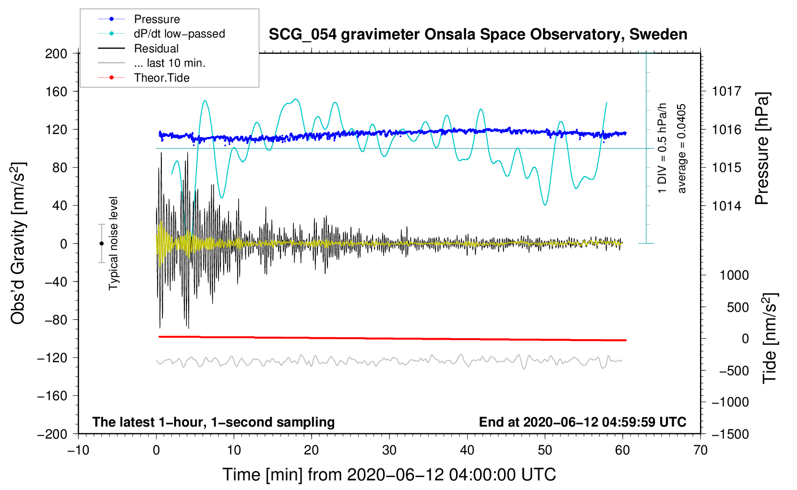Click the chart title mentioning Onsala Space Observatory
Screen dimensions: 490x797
(478, 35)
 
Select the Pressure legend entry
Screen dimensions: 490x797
(157, 19)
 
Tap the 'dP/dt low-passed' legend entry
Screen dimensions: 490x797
(179, 34)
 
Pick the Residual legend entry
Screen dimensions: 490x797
(156, 49)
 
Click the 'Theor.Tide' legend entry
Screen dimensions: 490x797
(161, 78)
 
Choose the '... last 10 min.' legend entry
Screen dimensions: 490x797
(169, 63)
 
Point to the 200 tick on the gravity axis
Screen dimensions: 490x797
(56, 53)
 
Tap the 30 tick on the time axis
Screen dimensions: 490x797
(389, 450)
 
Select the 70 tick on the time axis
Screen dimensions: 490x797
(700, 450)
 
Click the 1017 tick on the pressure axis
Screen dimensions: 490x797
(726, 91)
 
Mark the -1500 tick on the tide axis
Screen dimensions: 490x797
(730, 434)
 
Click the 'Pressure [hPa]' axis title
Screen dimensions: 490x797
(762, 149)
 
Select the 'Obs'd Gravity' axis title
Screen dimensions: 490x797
(18, 244)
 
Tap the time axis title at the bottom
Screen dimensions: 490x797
(389, 475)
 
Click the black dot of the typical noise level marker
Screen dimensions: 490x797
(101, 244)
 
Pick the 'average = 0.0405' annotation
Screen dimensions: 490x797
(682, 149)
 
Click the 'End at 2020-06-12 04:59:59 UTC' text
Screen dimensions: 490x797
(582, 422)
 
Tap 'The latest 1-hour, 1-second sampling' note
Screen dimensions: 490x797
(214, 422)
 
